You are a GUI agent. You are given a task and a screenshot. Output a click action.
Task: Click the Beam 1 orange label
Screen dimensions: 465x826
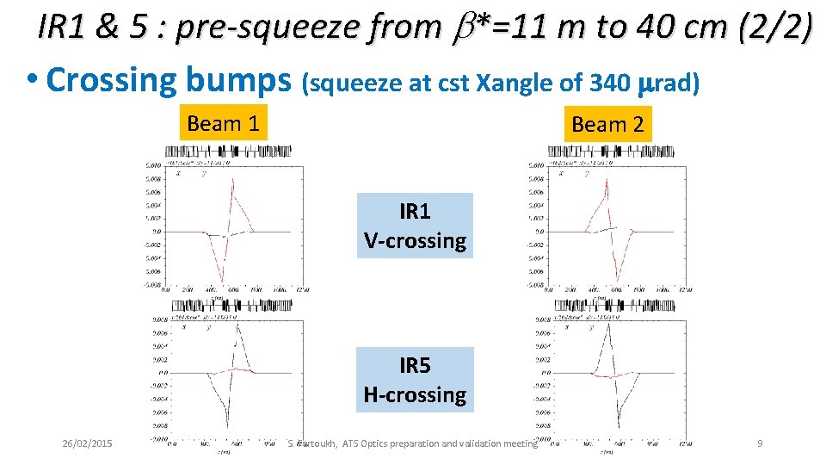223,123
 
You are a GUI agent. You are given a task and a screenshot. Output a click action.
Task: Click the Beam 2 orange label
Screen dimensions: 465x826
607,124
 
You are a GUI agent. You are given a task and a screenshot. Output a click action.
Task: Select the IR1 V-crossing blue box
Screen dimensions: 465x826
415,226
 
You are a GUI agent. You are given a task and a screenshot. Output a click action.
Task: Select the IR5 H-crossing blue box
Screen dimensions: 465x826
415,380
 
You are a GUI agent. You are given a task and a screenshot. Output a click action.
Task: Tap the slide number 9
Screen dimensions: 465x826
760,443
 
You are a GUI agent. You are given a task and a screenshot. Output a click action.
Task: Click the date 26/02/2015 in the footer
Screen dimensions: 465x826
88,443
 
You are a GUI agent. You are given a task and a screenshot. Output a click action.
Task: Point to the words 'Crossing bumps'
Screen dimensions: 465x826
170,80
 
